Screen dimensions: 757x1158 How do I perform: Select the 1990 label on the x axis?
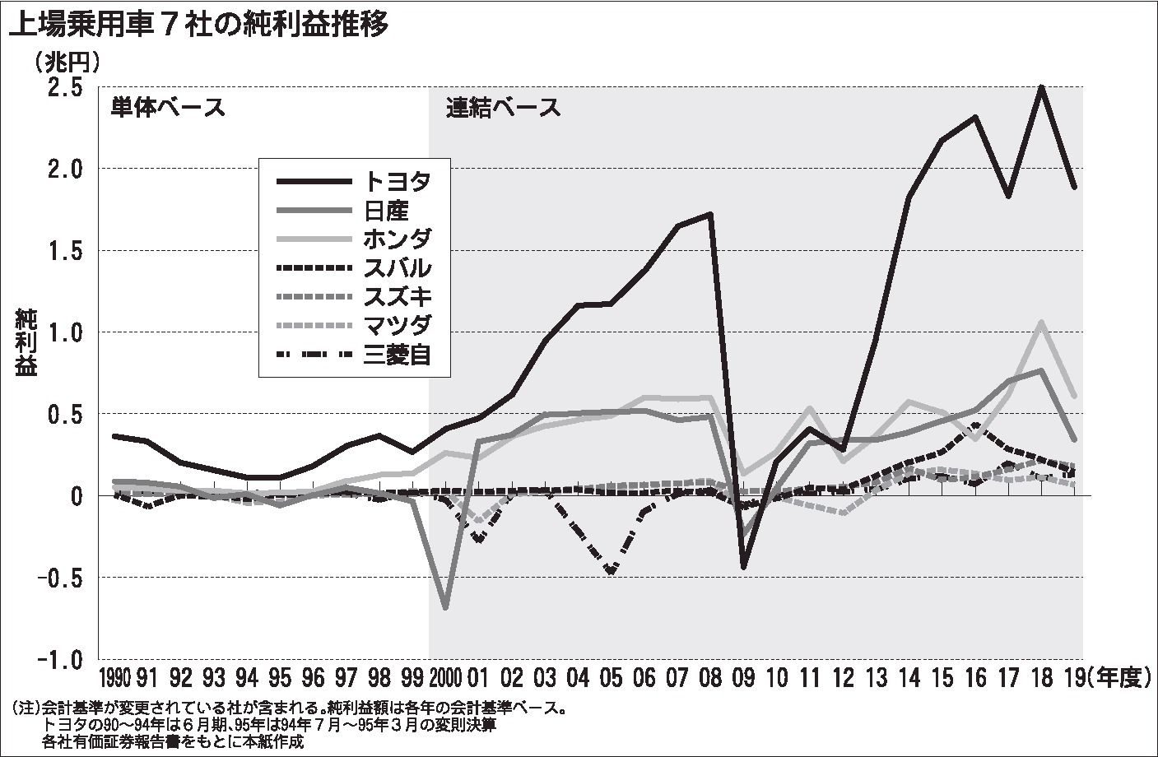(x=114, y=678)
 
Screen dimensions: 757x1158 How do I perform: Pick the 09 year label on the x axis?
(x=743, y=678)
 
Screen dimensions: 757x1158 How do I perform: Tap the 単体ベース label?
(x=168, y=108)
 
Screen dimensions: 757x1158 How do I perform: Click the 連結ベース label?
(x=504, y=108)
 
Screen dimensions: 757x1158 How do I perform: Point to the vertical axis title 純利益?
(x=26, y=342)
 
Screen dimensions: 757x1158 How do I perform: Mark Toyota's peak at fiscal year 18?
(x=1041, y=87)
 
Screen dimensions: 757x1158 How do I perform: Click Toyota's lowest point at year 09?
(x=743, y=567)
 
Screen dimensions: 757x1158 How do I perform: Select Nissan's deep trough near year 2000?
(x=445, y=607)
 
